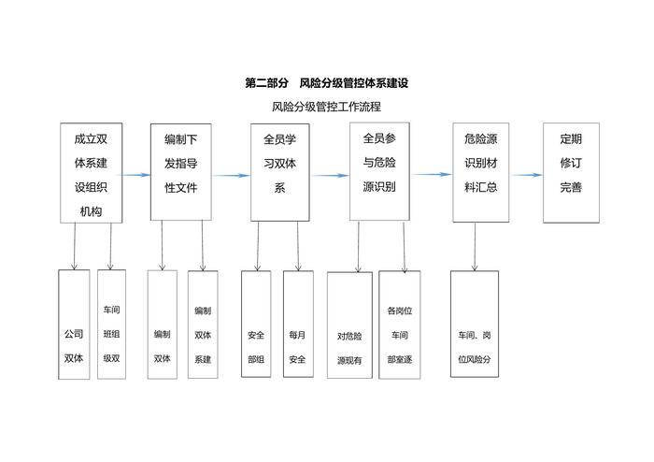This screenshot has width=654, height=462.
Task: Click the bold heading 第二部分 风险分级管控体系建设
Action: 326,83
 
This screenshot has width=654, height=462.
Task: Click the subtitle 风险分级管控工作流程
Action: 326,106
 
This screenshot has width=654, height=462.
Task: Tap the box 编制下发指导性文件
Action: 180,172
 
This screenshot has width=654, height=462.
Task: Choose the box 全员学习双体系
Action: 279,172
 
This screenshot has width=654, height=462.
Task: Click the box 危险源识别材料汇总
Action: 480,172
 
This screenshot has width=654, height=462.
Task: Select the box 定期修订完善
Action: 571,172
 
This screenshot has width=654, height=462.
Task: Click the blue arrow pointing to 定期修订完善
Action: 526,174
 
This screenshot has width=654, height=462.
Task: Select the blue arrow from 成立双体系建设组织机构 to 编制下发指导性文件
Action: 135,175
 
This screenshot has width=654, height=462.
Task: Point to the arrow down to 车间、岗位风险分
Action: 475,247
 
